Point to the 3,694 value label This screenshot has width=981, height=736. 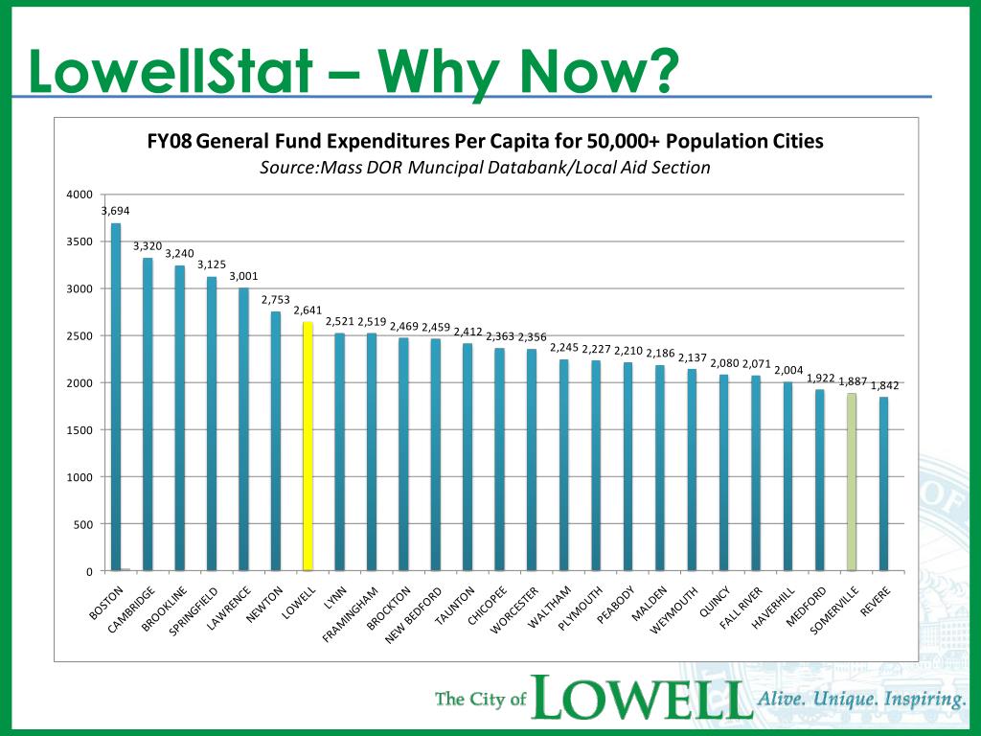(x=115, y=211)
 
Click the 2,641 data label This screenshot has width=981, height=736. (x=308, y=310)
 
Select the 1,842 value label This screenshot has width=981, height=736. (x=884, y=385)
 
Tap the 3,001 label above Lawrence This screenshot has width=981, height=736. (x=243, y=276)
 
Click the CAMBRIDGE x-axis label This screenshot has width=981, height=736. (x=133, y=614)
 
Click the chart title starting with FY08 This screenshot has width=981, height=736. (x=485, y=142)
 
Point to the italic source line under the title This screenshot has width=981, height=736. (x=485, y=168)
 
